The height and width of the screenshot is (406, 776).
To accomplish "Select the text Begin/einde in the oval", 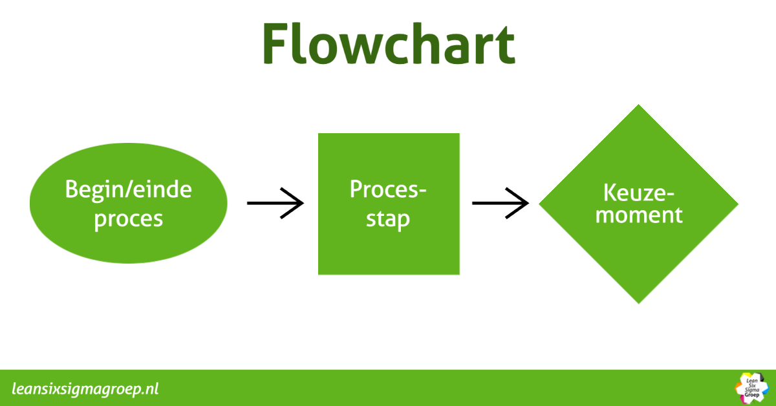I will click(129, 190).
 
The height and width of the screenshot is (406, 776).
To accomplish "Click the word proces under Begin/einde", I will click(129, 219).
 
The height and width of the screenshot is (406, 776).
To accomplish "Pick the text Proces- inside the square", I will click(389, 189).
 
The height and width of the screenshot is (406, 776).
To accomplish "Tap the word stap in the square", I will click(388, 219).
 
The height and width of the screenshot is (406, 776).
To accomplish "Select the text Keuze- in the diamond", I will click(638, 193).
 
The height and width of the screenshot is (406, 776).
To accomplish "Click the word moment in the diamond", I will click(639, 214).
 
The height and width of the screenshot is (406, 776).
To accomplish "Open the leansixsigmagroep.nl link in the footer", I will click(85, 389).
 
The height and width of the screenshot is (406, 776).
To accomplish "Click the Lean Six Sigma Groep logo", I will click(752, 388).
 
